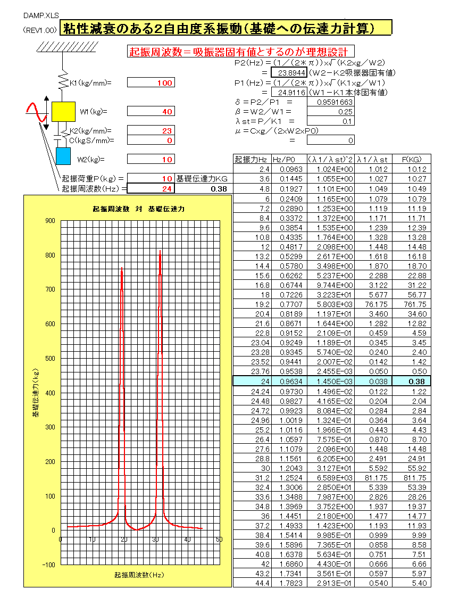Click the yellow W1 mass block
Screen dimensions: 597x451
(63, 111)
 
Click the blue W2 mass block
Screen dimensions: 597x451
(63, 156)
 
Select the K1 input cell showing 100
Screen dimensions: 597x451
(151, 83)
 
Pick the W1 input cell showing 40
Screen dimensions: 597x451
(151, 112)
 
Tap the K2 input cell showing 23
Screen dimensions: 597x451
(151, 131)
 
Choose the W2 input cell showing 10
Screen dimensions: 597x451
(151, 160)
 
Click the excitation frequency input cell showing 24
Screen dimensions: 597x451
(151, 188)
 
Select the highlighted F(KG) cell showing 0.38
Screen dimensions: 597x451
(411, 381)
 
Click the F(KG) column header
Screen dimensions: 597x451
(411, 159)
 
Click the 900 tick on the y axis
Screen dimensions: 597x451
(51, 220)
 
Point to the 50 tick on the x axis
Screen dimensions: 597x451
(219, 540)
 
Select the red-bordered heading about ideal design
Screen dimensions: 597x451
(238, 52)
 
